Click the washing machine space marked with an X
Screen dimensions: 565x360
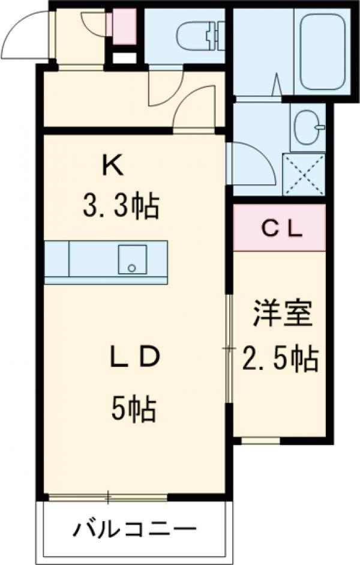304,174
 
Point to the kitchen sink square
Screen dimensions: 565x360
131,259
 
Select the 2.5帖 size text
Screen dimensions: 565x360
280,359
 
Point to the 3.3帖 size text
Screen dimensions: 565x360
120,208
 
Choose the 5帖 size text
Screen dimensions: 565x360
133,410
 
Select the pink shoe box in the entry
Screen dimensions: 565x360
124,26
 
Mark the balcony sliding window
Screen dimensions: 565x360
108,497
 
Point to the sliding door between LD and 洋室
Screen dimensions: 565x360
229,349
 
